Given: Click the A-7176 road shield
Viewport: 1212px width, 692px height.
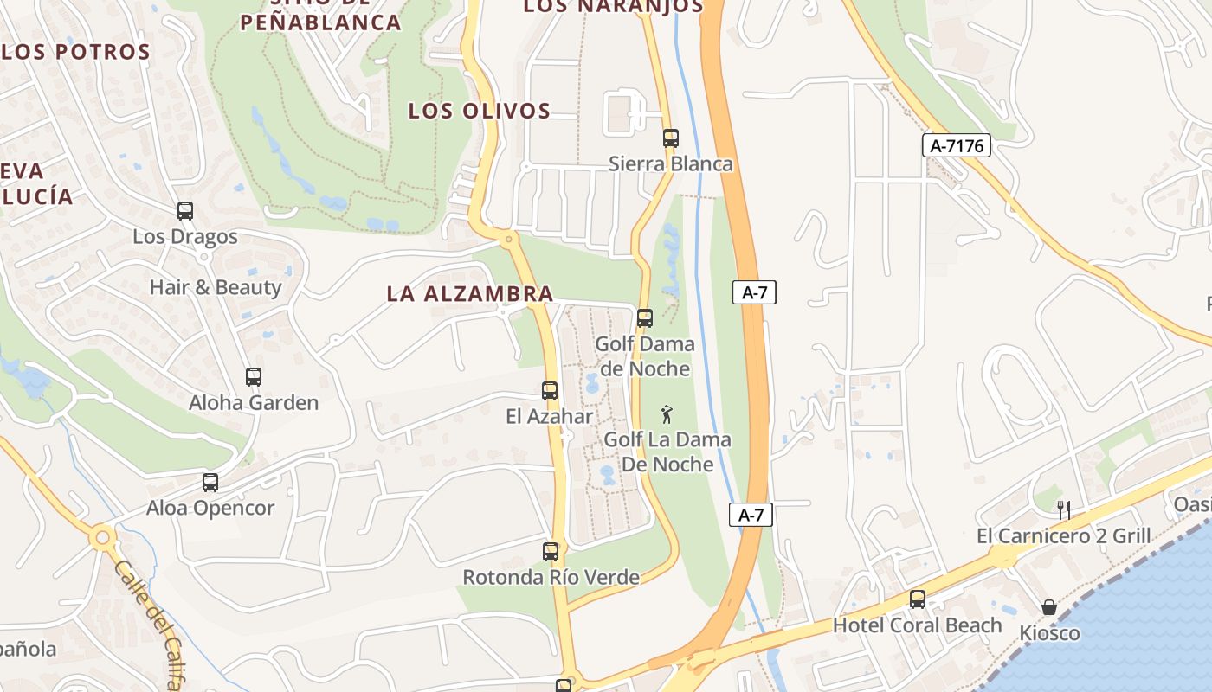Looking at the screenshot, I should pos(956,145).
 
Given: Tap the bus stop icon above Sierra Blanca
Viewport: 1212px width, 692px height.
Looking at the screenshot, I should pos(670,138).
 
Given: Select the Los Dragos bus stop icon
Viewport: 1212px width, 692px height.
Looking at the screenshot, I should pos(184,210).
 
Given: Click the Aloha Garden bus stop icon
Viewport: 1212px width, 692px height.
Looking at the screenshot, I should pos(253,376).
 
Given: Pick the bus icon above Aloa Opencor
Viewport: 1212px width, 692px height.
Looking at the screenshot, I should pos(210,482).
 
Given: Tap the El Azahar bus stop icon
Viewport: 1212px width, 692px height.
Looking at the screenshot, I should pos(550,390).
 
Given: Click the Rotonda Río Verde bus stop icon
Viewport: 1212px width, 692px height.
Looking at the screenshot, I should pos(550,551).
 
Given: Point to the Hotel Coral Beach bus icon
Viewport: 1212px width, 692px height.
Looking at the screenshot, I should pos(917,599).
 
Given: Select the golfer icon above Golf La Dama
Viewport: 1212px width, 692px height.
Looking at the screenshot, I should pos(667,413).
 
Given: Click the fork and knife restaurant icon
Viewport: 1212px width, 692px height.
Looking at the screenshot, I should pos(1064,509).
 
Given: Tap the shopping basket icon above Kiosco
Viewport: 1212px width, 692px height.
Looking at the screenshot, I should pos(1048,607).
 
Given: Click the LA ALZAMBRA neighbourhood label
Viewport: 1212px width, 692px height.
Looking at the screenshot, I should pos(469,293).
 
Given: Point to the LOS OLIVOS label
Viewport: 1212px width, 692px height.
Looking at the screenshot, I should pos(479,111).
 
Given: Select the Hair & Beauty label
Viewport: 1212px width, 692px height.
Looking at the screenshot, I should pos(216,287).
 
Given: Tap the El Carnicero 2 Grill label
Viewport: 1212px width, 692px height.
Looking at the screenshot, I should pos(1063,536).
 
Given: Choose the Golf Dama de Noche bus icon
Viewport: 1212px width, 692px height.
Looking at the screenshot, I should pos(644,317).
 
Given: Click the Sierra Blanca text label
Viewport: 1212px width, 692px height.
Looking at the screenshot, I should pos(670,163).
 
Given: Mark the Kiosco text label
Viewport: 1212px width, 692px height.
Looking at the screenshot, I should pos(1049,633).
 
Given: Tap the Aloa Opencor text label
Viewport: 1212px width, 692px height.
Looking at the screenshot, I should pos(210,508).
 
